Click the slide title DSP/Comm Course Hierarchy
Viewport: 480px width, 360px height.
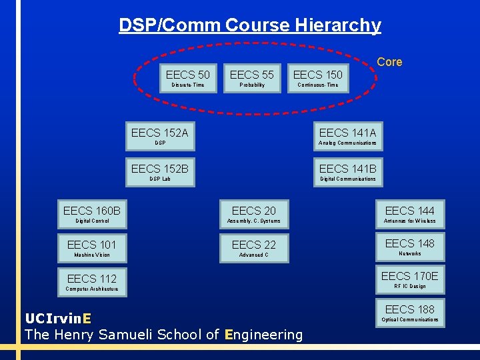click(x=250, y=25)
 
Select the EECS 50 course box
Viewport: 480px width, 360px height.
click(x=187, y=78)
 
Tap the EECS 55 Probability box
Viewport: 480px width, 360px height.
click(x=252, y=78)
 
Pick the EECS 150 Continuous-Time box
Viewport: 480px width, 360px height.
click(x=317, y=78)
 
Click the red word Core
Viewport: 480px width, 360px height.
click(x=389, y=62)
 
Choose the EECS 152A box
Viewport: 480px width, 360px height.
click(x=160, y=136)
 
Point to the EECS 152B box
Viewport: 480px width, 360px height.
click(x=160, y=172)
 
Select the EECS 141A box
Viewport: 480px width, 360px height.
click(x=347, y=136)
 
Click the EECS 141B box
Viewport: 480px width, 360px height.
click(x=347, y=172)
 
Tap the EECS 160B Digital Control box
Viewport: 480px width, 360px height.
click(x=92, y=214)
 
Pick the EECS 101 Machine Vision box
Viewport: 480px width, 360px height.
click(x=92, y=248)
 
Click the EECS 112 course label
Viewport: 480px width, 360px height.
click(x=92, y=279)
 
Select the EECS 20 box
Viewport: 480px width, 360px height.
click(x=253, y=214)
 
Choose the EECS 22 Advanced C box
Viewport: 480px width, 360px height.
click(x=253, y=248)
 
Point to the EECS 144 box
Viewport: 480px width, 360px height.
click(x=409, y=214)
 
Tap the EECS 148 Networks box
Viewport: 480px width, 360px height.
click(x=409, y=247)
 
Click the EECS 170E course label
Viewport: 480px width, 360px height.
click(x=409, y=276)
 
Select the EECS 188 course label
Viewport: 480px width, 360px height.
click(x=409, y=309)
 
